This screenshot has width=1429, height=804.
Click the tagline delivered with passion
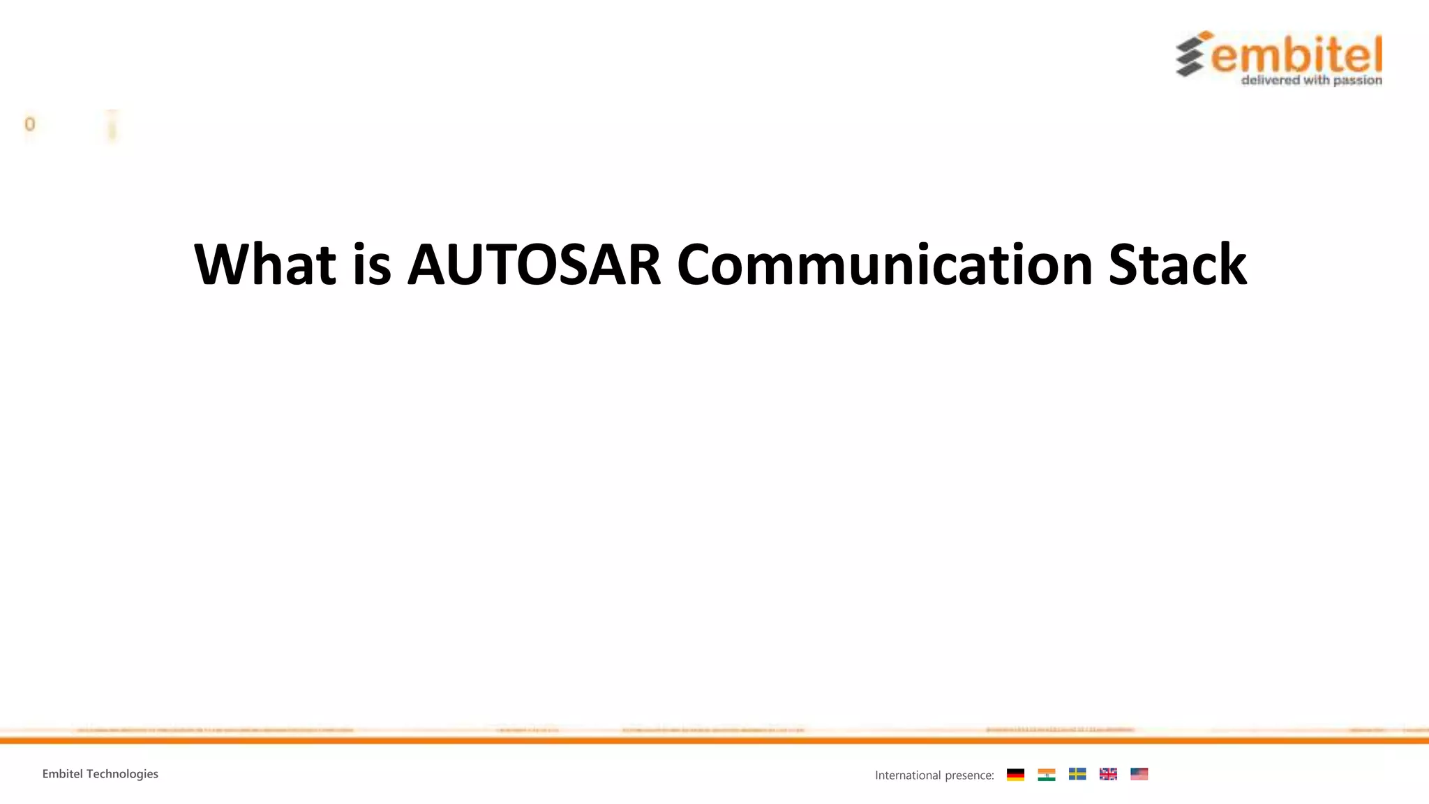point(1311,80)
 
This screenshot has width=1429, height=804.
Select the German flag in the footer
point(1015,774)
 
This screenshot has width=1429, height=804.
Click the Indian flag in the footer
point(1046,774)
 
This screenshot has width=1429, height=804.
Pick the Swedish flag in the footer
point(1077,774)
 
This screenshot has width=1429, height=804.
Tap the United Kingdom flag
point(1108,774)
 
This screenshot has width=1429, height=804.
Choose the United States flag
point(1139,774)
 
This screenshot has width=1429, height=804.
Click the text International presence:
point(934,775)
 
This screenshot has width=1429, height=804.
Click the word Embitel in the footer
point(62,773)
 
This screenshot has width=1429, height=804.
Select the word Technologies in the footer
point(122,773)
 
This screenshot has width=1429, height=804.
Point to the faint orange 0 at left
point(29,124)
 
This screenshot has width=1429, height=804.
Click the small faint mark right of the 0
point(112,127)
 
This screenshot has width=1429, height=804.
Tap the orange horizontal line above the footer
point(714,740)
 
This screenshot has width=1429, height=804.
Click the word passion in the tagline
point(1357,80)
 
